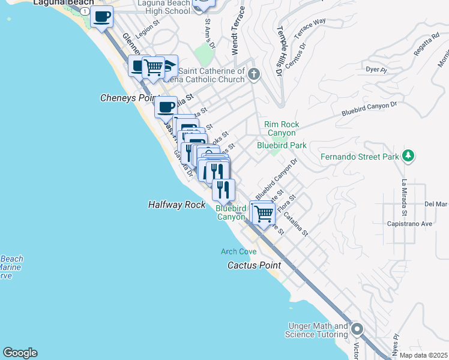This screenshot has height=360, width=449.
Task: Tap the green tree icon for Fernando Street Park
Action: (x=408, y=156)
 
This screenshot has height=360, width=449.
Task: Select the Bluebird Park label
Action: (x=282, y=145)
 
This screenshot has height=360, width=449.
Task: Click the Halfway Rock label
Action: (x=177, y=205)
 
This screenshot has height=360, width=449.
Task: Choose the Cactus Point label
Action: (x=254, y=265)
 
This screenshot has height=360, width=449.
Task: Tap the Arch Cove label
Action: (x=238, y=251)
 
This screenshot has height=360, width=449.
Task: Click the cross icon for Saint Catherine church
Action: (x=254, y=74)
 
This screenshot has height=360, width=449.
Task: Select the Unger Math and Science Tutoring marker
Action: (x=357, y=329)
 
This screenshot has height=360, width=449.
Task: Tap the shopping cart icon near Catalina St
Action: (x=263, y=213)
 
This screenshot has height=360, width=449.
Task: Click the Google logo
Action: (x=20, y=353)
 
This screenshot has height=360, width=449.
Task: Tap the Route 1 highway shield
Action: (x=86, y=12)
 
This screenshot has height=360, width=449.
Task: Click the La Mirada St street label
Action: (x=405, y=197)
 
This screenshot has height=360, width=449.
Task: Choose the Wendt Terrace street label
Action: (x=241, y=30)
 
